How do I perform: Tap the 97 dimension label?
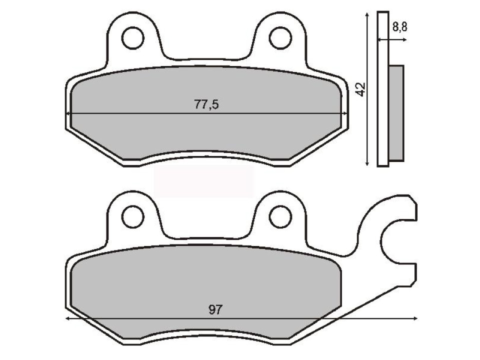214,310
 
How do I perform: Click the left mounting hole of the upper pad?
132,37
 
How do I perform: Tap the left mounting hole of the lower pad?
132,216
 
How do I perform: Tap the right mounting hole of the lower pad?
280,216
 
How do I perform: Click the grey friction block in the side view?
396,113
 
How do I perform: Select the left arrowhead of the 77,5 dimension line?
69,114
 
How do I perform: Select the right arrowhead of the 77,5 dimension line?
344,114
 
